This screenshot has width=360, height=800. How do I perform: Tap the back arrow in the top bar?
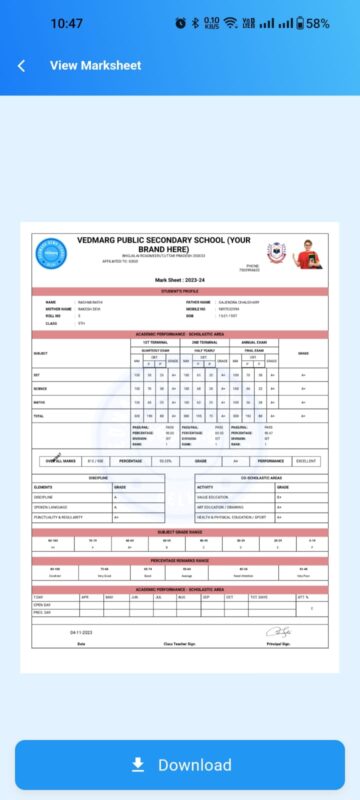tap(21, 66)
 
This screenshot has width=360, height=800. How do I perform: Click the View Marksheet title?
tap(95, 66)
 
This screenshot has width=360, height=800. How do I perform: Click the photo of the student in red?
tap(309, 254)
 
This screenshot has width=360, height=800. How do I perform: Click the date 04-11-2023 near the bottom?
tap(81, 633)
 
